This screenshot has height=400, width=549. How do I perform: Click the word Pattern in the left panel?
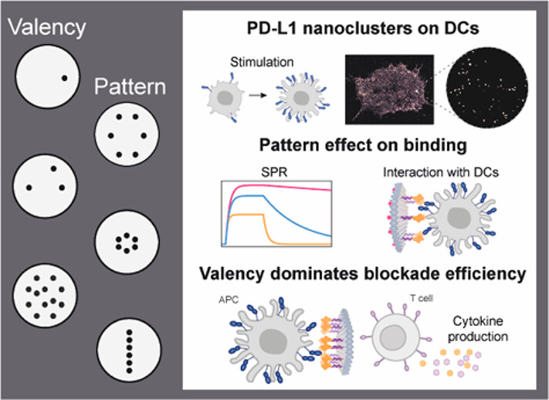[130, 85]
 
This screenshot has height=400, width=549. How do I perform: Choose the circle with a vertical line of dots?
[130, 347]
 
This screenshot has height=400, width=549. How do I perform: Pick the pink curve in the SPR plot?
[293, 187]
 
